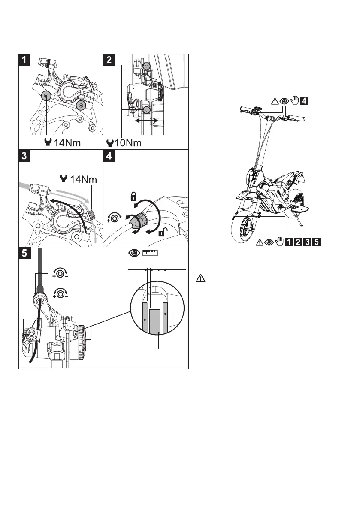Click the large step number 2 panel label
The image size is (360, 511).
pos(109,60)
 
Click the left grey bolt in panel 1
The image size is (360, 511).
pos(46,96)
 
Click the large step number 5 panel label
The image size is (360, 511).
pos(24,253)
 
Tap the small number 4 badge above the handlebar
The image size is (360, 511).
pos(303,101)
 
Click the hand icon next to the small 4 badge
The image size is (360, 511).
pos(294,101)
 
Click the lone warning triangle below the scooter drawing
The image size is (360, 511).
pos(200,278)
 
